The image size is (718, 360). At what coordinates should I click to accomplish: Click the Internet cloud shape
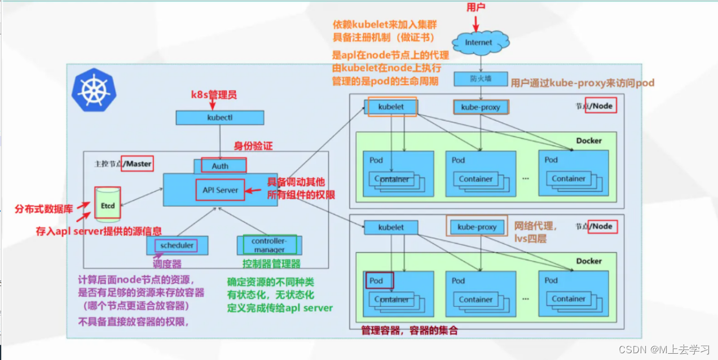pyautogui.click(x=478, y=42)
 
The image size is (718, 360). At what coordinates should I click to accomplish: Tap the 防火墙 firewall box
pyautogui.click(x=481, y=78)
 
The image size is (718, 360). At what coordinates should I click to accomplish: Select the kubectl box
pyautogui.click(x=220, y=118)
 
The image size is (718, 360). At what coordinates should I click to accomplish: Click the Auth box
pyautogui.click(x=220, y=166)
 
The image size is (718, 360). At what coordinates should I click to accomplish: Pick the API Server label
pyautogui.click(x=220, y=190)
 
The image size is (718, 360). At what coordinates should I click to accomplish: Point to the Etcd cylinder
pyautogui.click(x=108, y=205)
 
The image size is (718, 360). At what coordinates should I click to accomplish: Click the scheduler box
pyautogui.click(x=177, y=245)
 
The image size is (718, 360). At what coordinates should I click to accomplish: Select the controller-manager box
pyautogui.click(x=269, y=245)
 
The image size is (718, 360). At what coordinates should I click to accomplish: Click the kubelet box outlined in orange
pyautogui.click(x=391, y=107)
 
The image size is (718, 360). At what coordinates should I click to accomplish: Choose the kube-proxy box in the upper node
pyautogui.click(x=481, y=107)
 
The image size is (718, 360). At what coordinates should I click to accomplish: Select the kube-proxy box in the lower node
pyautogui.click(x=477, y=227)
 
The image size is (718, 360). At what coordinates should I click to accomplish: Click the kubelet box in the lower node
pyautogui.click(x=391, y=227)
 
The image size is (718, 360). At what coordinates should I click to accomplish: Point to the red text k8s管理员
pyautogui.click(x=213, y=94)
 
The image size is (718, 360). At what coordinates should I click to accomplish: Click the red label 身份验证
pyautogui.click(x=253, y=146)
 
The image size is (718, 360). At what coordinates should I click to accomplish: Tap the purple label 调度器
pyautogui.click(x=167, y=264)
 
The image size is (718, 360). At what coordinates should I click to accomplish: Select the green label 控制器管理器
pyautogui.click(x=271, y=264)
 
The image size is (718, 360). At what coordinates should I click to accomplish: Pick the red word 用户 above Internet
pyautogui.click(x=475, y=7)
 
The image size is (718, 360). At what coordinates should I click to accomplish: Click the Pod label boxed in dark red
pyautogui.click(x=377, y=280)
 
